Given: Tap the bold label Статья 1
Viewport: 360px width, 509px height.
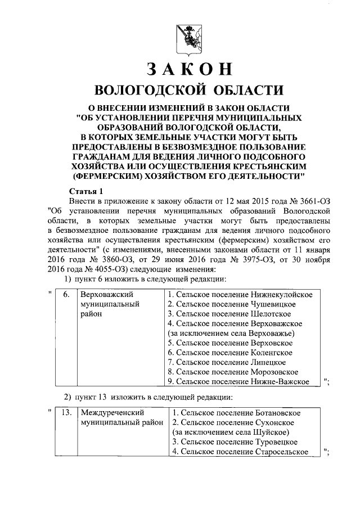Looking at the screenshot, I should point(86,191).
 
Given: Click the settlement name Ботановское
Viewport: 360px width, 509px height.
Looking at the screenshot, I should point(274,413).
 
